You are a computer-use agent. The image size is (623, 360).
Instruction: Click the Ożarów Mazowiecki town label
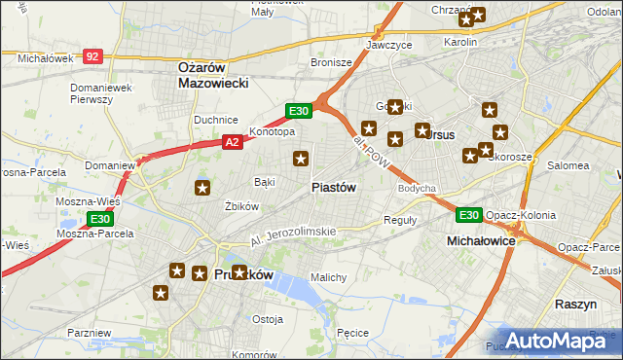(x=214, y=75)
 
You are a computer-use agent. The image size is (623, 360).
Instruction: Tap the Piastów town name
(x=333, y=187)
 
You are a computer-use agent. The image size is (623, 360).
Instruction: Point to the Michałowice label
(x=480, y=239)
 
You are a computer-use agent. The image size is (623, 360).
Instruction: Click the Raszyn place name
(x=575, y=305)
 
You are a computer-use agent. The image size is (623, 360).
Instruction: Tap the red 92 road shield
(x=92, y=57)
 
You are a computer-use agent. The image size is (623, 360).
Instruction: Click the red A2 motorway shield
(x=232, y=142)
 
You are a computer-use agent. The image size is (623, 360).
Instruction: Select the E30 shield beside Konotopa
(x=298, y=111)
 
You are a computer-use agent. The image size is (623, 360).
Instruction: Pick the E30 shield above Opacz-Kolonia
(x=468, y=215)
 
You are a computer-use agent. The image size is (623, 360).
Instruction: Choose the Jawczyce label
(x=389, y=45)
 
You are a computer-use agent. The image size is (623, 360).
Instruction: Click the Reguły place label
(x=400, y=220)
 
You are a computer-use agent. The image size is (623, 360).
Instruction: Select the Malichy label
(x=328, y=277)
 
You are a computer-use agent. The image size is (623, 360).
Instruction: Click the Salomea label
(x=568, y=165)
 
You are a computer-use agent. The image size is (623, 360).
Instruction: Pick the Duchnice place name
(x=216, y=120)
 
